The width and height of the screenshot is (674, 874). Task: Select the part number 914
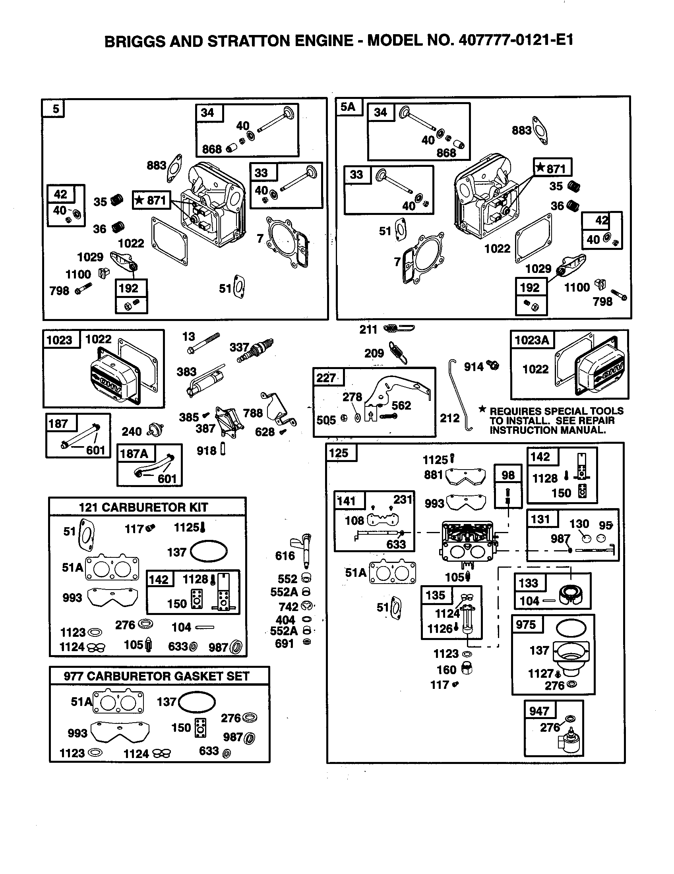coord(473,367)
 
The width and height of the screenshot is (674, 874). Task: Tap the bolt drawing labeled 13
coord(204,343)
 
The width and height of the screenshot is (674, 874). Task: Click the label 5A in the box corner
coord(348,106)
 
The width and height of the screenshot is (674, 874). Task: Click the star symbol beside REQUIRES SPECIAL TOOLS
coord(483,409)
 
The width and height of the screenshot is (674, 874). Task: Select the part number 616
coord(285,555)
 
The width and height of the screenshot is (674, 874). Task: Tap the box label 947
coord(539,711)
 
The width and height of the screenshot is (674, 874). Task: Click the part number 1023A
coord(531,340)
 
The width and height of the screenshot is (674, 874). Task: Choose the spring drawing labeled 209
coord(399,352)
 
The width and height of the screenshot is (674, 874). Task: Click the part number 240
coord(132,431)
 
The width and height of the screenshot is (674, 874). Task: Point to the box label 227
coord(326,378)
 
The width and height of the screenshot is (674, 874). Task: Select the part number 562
coord(401,405)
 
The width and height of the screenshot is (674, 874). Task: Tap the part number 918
coord(206,451)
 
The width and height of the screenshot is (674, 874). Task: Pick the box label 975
coord(525,624)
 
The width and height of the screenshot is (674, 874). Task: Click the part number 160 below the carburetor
coord(446,669)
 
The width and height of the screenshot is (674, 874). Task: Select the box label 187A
coord(134,453)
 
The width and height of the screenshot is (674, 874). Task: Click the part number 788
coord(253,413)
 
